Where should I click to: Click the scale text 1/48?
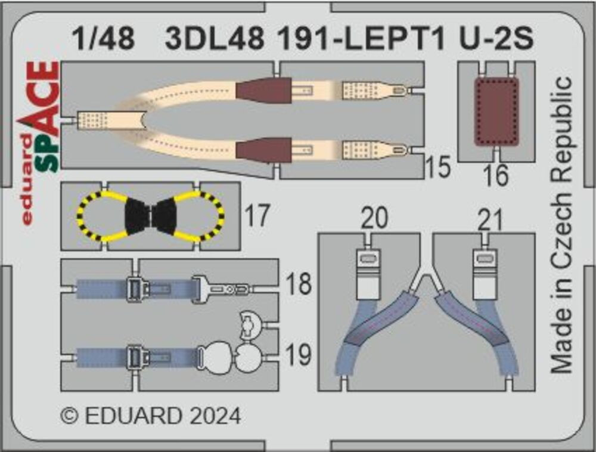103,38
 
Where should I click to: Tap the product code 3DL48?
215,38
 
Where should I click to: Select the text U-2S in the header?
496,38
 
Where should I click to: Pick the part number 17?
256,215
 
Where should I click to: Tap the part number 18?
299,284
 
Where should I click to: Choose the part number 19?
299,354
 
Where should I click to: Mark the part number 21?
490,219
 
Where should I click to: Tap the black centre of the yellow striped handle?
151,216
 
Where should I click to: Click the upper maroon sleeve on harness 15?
264,90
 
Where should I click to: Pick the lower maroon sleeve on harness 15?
264,150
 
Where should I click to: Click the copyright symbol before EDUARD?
70,416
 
